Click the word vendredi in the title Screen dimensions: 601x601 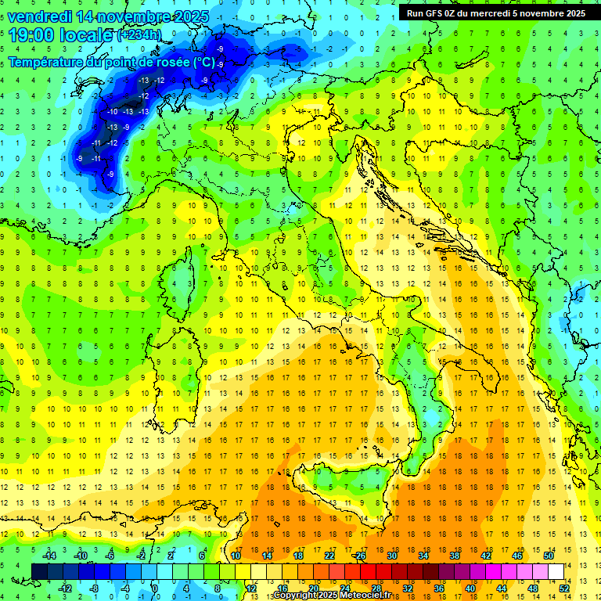[38, 16]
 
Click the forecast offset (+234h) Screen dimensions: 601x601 [139, 35]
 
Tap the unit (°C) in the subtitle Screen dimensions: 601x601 [203, 62]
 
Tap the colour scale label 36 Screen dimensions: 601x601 [438, 588]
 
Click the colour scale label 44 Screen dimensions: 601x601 [502, 588]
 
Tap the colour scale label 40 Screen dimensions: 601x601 [470, 588]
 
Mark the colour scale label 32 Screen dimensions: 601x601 [407, 588]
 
